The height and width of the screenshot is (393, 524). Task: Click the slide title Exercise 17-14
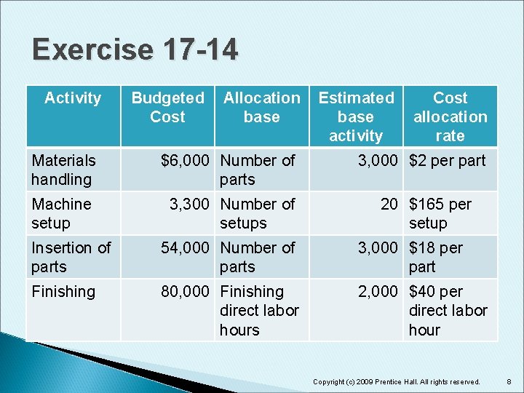[135, 50]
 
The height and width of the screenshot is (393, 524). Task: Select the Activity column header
[73, 98]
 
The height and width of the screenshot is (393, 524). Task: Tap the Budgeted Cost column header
[167, 107]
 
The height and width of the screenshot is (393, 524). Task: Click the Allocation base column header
[261, 107]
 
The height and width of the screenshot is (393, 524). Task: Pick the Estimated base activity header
[356, 116]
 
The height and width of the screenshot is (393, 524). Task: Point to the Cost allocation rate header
[450, 116]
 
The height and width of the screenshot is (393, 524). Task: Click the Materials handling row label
[63, 170]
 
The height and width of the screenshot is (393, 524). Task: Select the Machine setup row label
[61, 213]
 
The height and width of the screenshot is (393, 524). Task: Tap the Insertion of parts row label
[71, 257]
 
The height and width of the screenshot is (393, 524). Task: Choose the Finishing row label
[63, 292]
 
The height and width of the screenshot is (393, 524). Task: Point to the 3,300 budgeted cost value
[191, 205]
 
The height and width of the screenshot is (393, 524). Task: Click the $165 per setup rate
[440, 213]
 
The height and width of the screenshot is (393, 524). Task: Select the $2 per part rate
[447, 161]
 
